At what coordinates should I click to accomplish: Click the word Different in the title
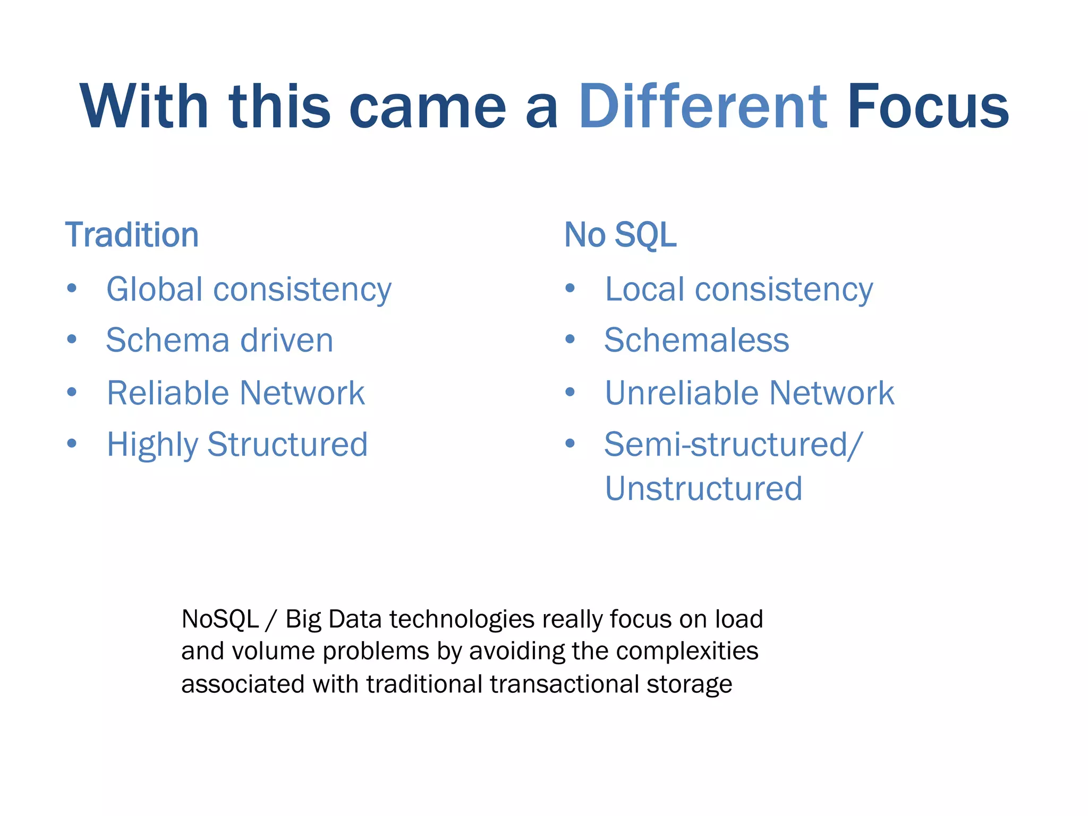point(702,107)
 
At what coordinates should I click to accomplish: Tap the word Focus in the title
point(928,107)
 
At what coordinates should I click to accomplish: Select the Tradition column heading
point(132,235)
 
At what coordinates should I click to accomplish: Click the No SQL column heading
point(620,235)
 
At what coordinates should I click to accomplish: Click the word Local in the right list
point(644,290)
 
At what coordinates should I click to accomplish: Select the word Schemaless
point(696,340)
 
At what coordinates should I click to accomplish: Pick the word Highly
point(152,445)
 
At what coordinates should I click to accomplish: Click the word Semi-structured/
point(733,444)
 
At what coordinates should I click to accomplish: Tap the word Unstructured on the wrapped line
point(703,489)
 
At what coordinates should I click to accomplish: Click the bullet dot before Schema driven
point(72,339)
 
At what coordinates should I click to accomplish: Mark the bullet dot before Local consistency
point(570,288)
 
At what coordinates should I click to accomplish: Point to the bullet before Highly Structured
point(72,443)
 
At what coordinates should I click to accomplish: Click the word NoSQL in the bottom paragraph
point(220,619)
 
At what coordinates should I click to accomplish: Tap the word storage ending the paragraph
point(689,684)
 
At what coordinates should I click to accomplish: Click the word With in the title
point(144,107)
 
